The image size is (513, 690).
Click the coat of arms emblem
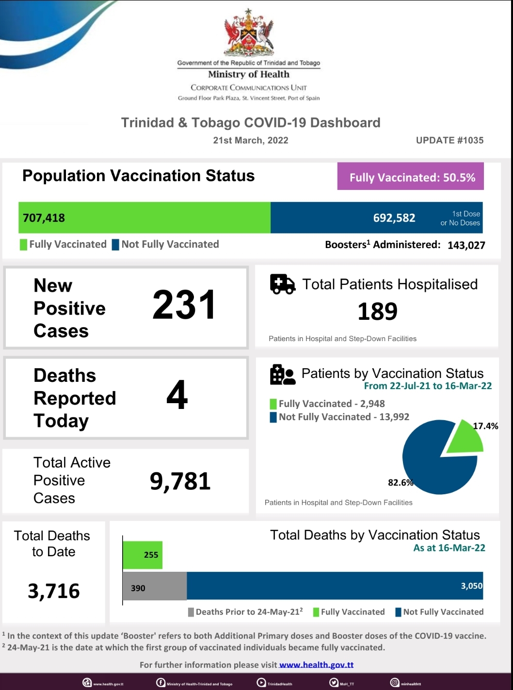249,32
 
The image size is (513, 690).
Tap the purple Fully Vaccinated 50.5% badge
411,176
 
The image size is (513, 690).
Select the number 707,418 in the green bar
44,218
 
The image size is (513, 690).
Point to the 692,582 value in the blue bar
394,218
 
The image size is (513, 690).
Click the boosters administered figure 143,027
466,245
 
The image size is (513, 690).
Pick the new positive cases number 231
184,305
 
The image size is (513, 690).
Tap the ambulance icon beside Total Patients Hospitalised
282,284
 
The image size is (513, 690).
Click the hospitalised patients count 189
377,312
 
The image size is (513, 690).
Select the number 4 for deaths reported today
177,395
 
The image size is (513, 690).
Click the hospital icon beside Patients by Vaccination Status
282,375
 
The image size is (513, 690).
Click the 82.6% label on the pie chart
400,483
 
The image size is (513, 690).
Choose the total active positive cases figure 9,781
180,481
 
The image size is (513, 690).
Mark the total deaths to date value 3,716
54,591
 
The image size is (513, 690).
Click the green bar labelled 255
143,555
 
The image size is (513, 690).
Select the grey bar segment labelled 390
155,586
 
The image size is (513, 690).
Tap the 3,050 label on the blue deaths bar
471,586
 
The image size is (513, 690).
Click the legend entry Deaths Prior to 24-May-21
246,612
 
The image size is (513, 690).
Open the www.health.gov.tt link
316,665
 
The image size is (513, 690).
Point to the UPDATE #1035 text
449,141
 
